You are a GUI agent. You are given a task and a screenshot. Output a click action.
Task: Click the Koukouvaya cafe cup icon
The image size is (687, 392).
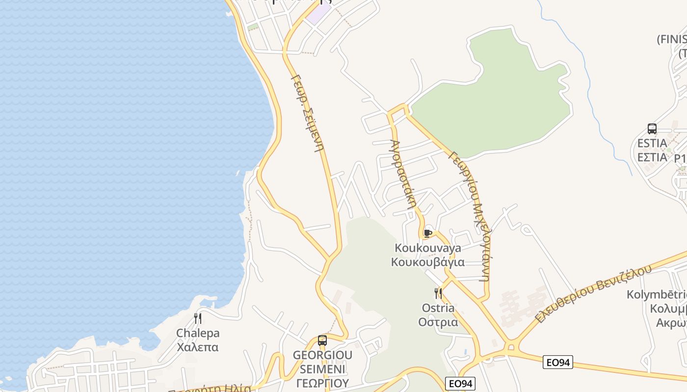pyautogui.click(x=427, y=233)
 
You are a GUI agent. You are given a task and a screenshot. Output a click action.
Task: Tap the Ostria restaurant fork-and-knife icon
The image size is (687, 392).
pyautogui.click(x=438, y=294)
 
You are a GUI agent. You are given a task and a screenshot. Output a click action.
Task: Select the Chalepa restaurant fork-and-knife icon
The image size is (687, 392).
pyautogui.click(x=197, y=318)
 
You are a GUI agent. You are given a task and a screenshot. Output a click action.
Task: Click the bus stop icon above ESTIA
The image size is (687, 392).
pyautogui.click(x=652, y=129)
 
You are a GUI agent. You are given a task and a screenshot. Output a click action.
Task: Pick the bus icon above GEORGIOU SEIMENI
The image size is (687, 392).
pyautogui.click(x=322, y=341)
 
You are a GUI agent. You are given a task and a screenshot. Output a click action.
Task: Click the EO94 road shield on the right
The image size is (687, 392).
pyautogui.click(x=558, y=363)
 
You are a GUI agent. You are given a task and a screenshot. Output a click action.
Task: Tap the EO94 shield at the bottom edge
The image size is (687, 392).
pyautogui.click(x=460, y=384)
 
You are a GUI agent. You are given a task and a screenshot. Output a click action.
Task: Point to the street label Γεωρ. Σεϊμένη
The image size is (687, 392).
pyautogui.click(x=308, y=113)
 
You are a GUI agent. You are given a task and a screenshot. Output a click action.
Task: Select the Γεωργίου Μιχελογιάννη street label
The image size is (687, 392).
pyautogui.click(x=471, y=216)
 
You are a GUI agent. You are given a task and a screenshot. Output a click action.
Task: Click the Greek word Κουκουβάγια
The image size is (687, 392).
pyautogui.click(x=427, y=262)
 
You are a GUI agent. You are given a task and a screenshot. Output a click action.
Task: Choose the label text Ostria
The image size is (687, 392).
pyautogui.click(x=438, y=308)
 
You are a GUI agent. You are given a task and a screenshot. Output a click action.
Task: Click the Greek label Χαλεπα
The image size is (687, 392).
pyautogui.click(x=197, y=347)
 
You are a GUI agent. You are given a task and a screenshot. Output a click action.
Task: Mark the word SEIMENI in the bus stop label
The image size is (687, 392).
pyautogui.click(x=322, y=368)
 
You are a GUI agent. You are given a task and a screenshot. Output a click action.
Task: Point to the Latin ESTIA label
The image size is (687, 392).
pyautogui.click(x=652, y=144)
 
